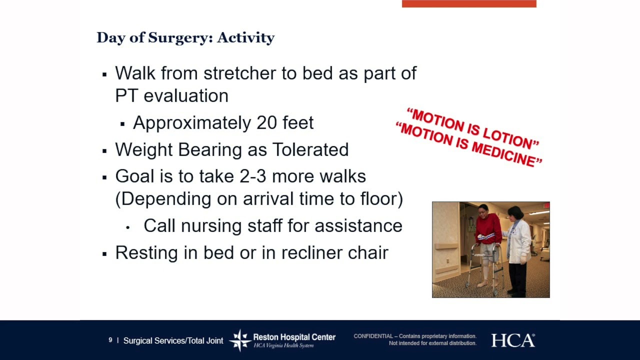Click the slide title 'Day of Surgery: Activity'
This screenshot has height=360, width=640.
(185, 38)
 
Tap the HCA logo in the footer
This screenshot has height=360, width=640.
(512, 340)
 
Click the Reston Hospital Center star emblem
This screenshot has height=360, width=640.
(240, 340)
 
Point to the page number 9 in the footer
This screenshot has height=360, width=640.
(110, 340)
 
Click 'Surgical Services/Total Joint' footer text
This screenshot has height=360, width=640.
(173, 341)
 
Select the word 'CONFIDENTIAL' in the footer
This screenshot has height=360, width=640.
(373, 336)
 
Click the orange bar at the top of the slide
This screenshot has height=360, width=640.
(468, 3)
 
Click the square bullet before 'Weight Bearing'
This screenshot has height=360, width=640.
(104, 150)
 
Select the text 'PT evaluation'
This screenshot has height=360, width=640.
(171, 96)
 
